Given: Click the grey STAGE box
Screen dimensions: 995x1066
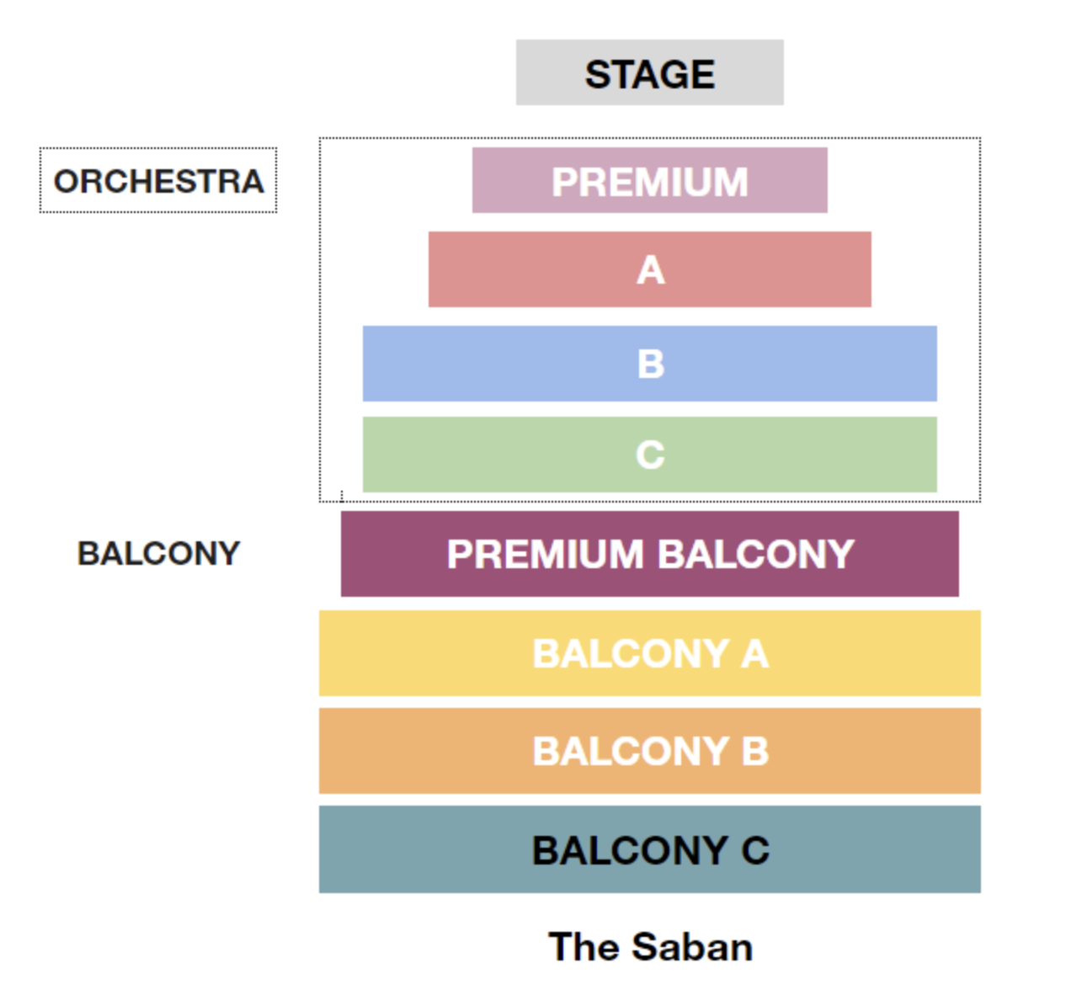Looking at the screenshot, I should coord(649,72).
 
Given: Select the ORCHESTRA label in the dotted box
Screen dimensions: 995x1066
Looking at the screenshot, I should coord(158,181).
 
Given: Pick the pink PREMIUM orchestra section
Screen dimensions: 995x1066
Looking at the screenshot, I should coord(649,180).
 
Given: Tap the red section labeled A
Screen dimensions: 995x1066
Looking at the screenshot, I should coord(649,269).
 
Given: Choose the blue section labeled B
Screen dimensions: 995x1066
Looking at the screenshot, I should coord(649,364).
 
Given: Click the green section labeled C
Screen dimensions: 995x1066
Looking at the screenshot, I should coord(649,455).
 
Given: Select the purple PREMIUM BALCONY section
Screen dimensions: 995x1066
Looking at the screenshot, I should coord(649,554).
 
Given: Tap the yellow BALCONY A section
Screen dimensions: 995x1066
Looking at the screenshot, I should coord(649,653).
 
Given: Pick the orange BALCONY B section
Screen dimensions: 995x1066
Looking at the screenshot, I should coord(649,751).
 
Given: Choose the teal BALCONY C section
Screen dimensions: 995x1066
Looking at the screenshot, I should coord(649,849).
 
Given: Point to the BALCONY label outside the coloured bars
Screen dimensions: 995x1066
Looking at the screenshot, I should coord(158,553).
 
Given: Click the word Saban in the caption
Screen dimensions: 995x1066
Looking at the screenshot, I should coord(691,947).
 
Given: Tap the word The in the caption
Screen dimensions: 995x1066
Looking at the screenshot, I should coord(584,947).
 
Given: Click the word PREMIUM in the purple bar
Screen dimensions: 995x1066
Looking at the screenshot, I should coord(545,554).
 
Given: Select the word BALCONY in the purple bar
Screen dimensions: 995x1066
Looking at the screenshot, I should coord(755,554).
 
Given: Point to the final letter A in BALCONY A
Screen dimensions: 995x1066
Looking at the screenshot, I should coord(755,654).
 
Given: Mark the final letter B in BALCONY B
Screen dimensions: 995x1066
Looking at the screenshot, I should coord(755,752).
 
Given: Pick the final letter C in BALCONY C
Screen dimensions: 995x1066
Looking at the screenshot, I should coord(755,850).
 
